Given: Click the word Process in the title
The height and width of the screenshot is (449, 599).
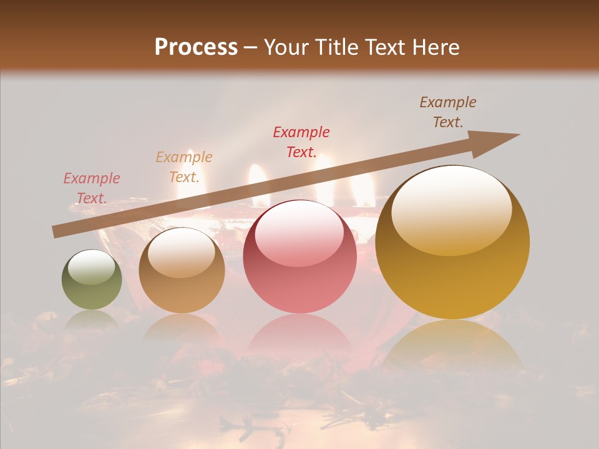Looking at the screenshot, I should point(196,47).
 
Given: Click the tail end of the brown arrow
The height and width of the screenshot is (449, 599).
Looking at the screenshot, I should point(56,231).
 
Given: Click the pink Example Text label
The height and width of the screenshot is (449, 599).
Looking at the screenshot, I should point(91,188).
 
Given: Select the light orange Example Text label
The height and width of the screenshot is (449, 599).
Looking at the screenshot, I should point(183,167).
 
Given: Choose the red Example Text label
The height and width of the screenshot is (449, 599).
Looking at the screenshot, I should point(301,142).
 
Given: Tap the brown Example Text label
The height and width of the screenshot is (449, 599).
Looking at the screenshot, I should point(447,112).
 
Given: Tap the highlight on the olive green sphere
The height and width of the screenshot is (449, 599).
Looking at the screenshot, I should point(92,266).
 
